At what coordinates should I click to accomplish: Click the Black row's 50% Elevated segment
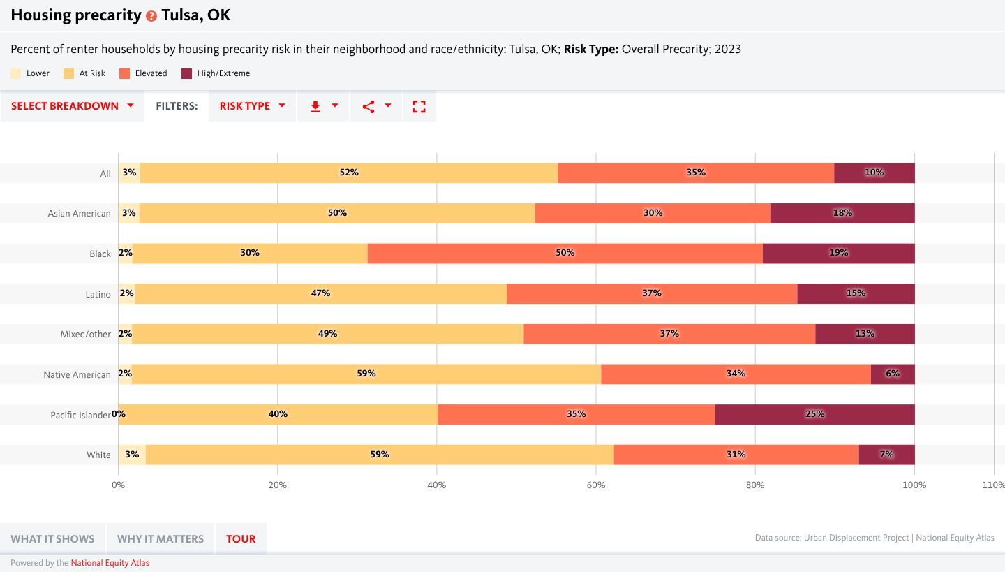[x=565, y=253]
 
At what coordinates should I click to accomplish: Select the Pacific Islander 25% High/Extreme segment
[x=814, y=414]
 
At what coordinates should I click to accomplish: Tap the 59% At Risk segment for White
[x=379, y=455]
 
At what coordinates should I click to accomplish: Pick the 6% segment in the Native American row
[x=892, y=374]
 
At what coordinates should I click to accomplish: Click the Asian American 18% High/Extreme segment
[x=842, y=213]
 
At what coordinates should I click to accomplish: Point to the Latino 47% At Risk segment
[x=320, y=293]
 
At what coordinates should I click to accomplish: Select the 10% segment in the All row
[x=874, y=173]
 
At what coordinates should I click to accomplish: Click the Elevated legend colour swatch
[x=125, y=73]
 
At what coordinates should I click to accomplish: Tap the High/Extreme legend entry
[x=215, y=73]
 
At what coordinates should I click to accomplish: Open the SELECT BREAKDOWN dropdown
[x=73, y=106]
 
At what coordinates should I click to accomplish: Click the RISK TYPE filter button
[x=252, y=106]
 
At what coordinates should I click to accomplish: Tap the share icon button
[x=376, y=106]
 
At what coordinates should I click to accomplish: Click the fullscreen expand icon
[x=419, y=106]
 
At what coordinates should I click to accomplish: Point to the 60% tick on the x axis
[x=595, y=485]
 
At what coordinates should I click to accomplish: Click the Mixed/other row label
[x=85, y=335]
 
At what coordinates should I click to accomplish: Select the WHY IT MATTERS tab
[x=161, y=538]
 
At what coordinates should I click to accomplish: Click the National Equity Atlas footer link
[x=110, y=563]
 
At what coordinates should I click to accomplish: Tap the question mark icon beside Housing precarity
[x=151, y=16]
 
